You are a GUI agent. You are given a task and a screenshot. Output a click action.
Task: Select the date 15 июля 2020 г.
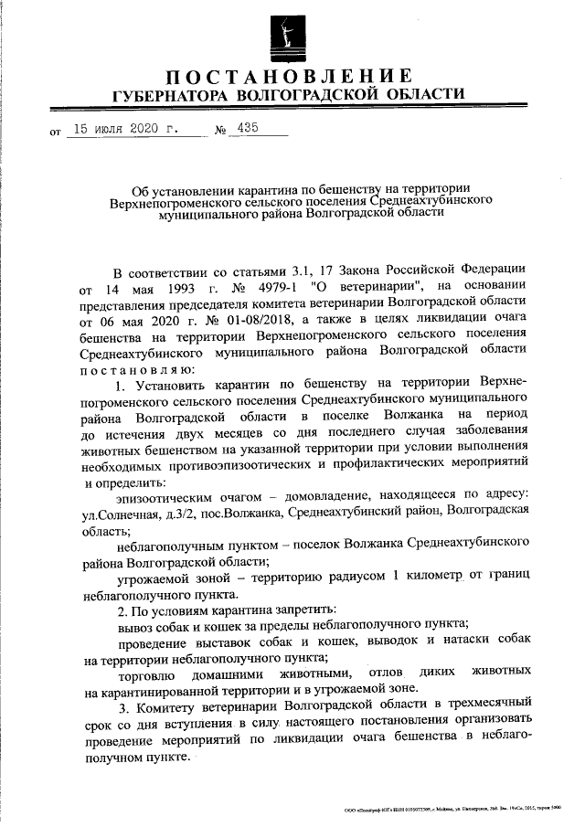(126, 130)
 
